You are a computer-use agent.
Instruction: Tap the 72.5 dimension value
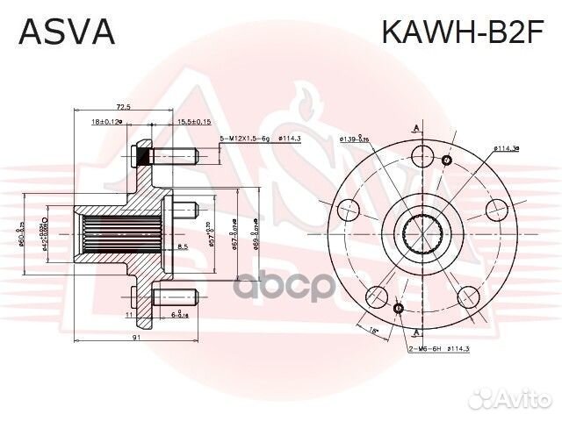coord(122,106)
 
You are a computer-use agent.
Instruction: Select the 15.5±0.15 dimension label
coord(192,122)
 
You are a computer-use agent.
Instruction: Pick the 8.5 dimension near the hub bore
coord(182,247)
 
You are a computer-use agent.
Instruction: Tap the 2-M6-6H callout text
coord(427,349)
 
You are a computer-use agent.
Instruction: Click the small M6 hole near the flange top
coord(447,161)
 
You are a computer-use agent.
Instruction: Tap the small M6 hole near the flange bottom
coord(400,309)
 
